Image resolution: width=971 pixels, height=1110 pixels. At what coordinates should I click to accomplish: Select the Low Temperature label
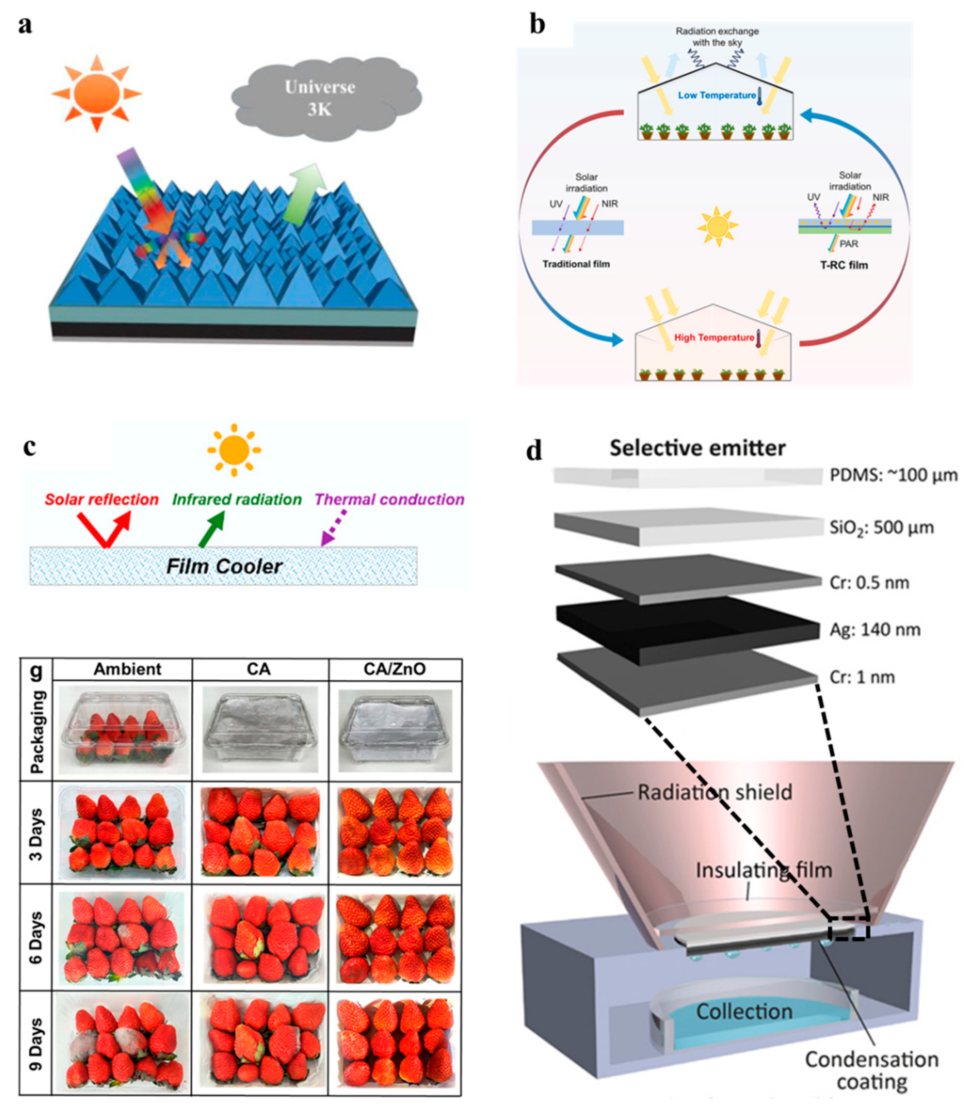click(716, 95)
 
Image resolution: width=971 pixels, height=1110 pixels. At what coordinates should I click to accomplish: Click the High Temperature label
click(714, 337)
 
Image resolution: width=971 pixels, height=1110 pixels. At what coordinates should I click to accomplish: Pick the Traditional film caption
click(576, 264)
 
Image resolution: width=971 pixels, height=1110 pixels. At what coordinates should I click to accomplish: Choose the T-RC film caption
click(844, 265)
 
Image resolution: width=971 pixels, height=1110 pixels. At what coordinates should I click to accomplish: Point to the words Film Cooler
click(224, 567)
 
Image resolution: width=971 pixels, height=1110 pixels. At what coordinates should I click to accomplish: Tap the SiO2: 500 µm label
click(882, 527)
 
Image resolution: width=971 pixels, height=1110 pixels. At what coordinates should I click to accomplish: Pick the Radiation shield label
click(715, 792)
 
